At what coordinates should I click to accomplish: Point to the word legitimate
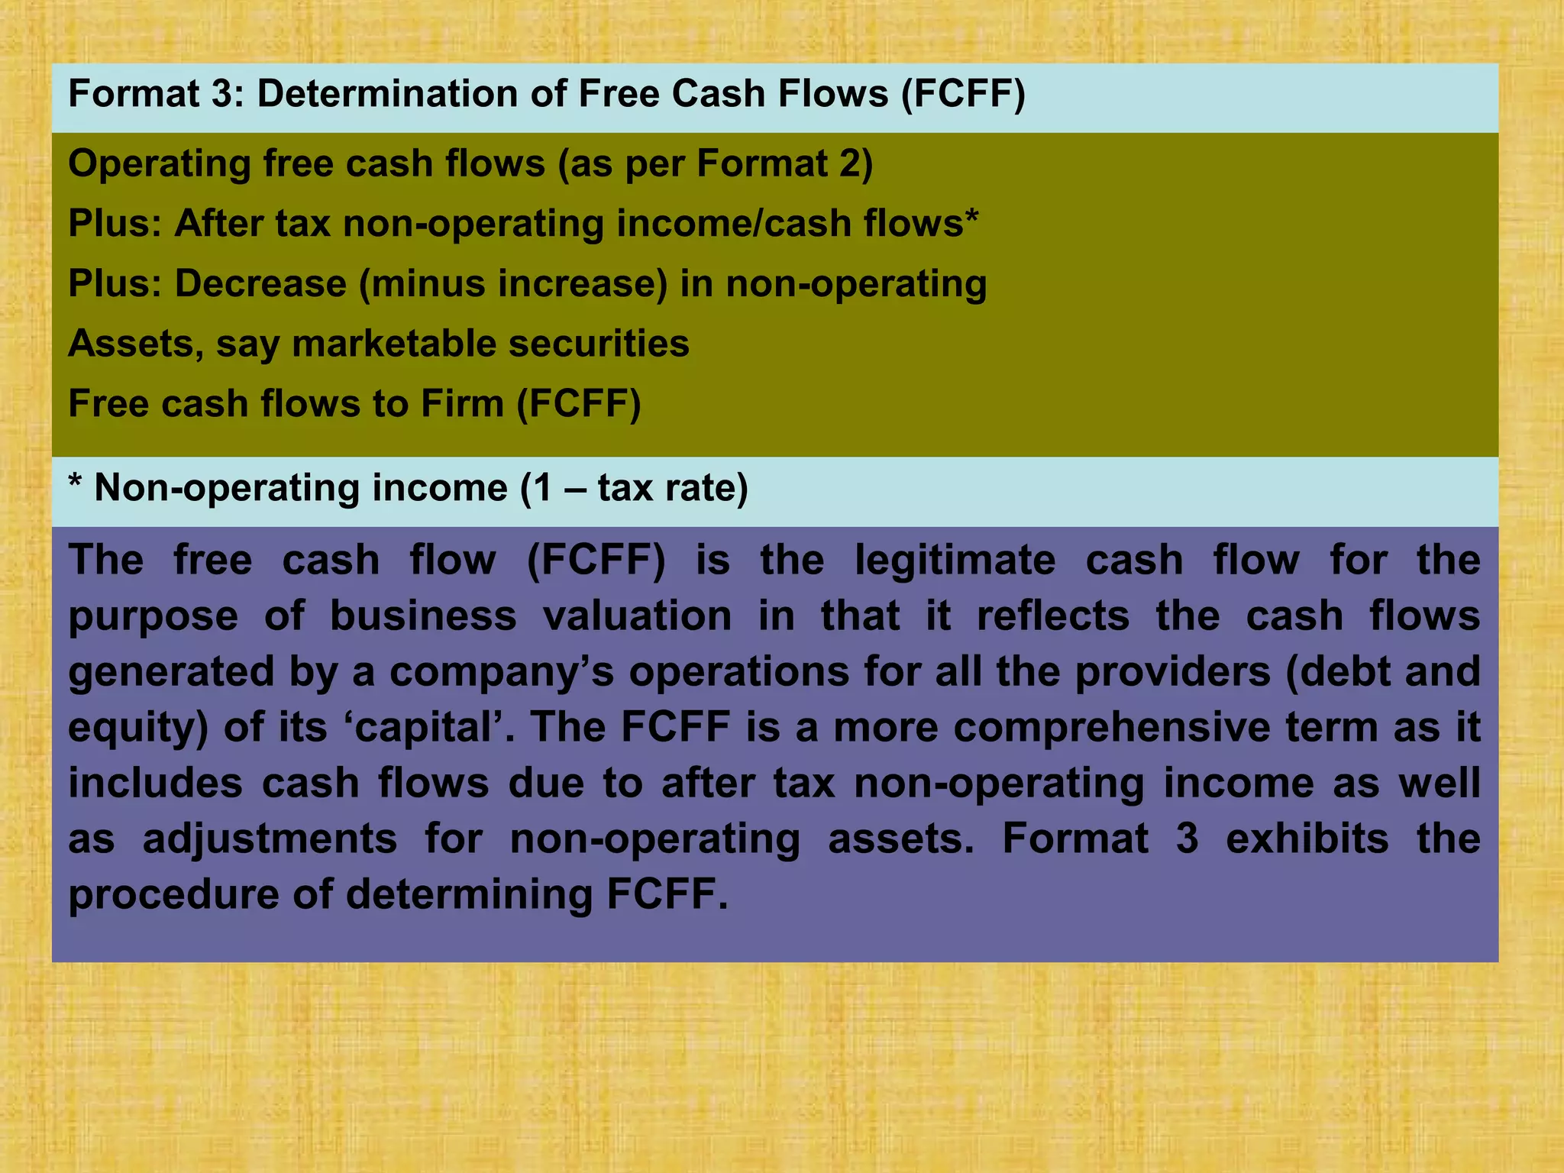[955, 560]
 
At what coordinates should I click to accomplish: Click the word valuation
[638, 616]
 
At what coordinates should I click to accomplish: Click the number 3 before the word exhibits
[1187, 839]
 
